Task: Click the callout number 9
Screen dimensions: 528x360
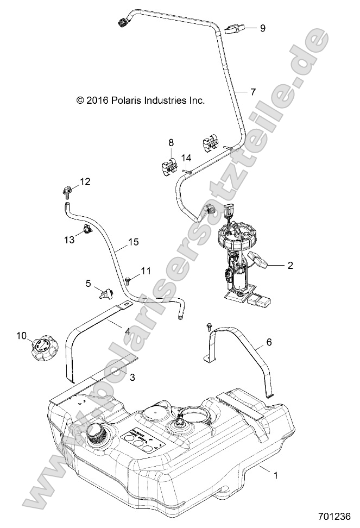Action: [x=263, y=28]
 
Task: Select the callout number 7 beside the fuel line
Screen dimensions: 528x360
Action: [x=252, y=92]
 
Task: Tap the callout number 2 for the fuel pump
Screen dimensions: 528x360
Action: [x=289, y=266]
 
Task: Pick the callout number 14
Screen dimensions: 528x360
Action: [x=186, y=158]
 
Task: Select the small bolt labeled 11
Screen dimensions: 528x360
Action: [x=127, y=281]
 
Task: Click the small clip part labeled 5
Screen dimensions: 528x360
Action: [x=105, y=294]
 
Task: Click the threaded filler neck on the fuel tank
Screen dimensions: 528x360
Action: [x=96, y=435]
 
